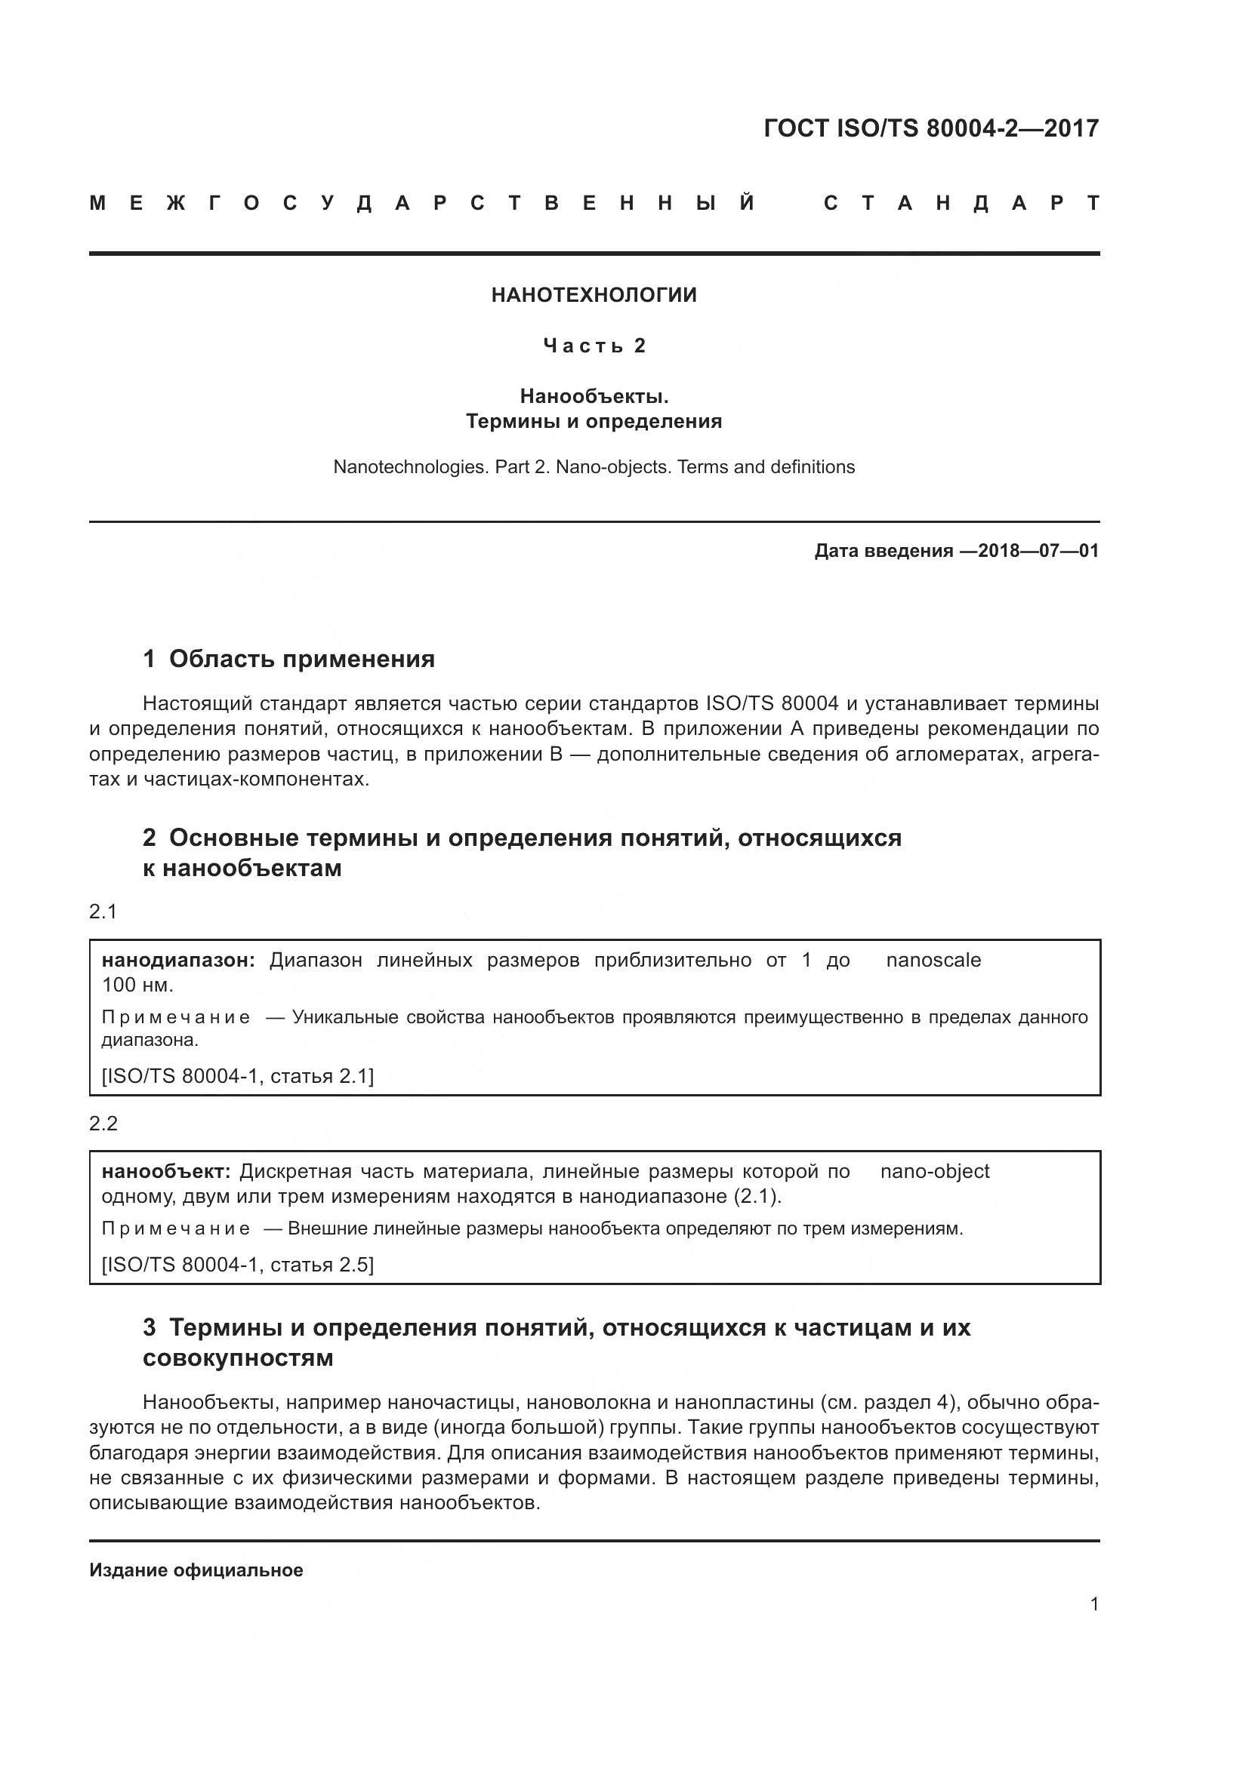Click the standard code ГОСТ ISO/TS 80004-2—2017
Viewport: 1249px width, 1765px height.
pos(931,128)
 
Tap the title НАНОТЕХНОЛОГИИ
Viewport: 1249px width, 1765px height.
pos(594,295)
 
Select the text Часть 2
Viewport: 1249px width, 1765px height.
pos(594,346)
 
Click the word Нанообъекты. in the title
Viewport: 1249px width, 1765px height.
pos(594,396)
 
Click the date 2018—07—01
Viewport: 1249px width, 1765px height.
pos(1038,550)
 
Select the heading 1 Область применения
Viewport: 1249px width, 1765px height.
pos(289,659)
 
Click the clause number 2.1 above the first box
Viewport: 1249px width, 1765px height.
pos(103,912)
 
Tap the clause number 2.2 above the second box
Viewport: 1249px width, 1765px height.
pos(103,1123)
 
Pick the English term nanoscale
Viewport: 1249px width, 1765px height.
pos(933,960)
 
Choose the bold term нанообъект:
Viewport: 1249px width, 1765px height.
pos(166,1172)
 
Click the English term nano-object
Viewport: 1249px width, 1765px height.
pos(934,1172)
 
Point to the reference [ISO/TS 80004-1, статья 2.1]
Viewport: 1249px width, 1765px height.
pos(238,1076)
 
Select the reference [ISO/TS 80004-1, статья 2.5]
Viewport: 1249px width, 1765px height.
pos(238,1265)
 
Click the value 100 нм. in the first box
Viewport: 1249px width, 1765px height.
pos(137,985)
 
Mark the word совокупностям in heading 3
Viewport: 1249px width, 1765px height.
pos(238,1358)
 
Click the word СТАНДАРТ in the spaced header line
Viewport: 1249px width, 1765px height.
pos(961,204)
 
